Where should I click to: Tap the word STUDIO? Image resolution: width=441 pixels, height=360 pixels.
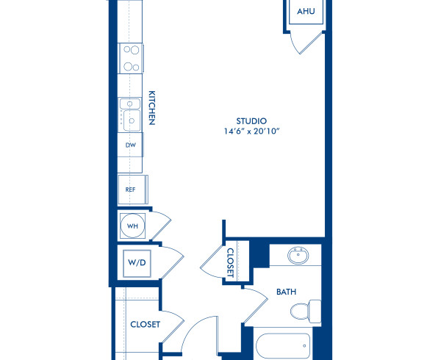click(x=251, y=120)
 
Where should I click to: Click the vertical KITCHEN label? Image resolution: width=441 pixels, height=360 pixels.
click(x=152, y=108)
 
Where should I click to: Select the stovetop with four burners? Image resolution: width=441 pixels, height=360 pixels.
click(x=131, y=58)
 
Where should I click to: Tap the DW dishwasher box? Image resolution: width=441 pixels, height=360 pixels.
click(x=131, y=145)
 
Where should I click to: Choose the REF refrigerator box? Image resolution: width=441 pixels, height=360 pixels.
click(x=131, y=189)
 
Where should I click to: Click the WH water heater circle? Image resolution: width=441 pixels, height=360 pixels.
click(x=133, y=226)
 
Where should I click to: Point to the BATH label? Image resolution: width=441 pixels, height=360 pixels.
click(x=286, y=292)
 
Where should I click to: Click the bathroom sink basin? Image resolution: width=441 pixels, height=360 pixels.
click(x=298, y=258)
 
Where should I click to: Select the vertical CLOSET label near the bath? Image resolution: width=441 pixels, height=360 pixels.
click(x=230, y=262)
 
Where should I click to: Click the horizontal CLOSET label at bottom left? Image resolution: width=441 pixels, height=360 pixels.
click(x=145, y=324)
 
